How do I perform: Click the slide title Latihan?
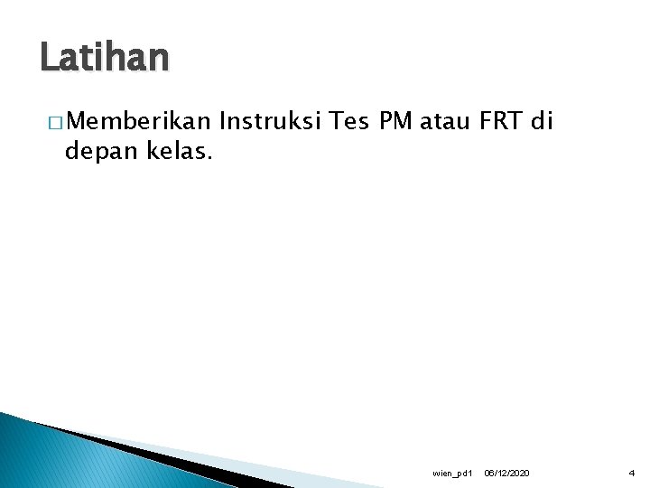coord(104,58)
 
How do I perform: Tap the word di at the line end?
coord(542,120)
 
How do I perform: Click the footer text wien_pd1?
coord(452,473)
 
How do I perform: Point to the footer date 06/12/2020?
coord(507,473)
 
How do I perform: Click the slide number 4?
coord(632,473)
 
